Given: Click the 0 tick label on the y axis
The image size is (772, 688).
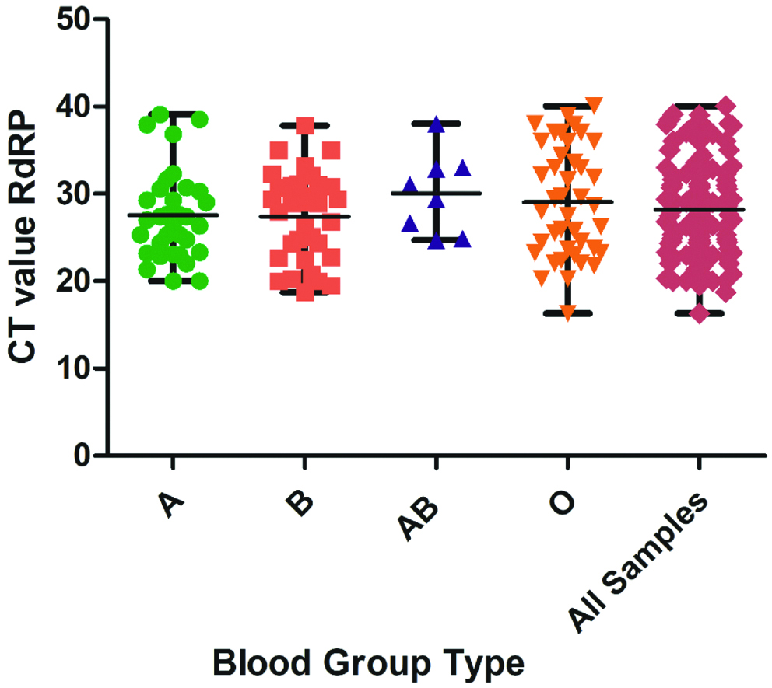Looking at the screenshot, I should (x=84, y=455).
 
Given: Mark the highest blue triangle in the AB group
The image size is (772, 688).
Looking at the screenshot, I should (x=437, y=124).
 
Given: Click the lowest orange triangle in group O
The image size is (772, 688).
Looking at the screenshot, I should (x=567, y=313).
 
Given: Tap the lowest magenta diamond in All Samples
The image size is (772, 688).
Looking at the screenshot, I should (x=699, y=313).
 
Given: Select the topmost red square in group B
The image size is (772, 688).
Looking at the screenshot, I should (x=304, y=125).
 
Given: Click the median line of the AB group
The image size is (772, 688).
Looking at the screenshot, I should (x=437, y=193).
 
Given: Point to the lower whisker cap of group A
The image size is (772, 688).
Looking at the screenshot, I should (x=173, y=281).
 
